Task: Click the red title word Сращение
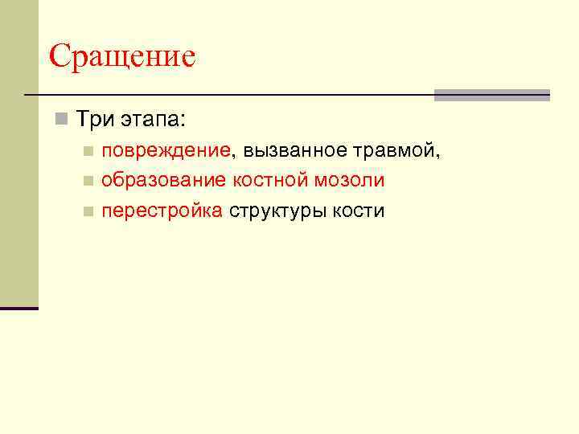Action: (122, 57)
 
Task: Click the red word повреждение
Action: (166, 150)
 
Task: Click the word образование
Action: (164, 181)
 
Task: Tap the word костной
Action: (270, 181)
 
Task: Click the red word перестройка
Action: (162, 211)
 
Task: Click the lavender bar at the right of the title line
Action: (491, 95)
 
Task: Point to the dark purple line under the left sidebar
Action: (19, 308)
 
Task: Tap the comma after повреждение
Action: (234, 155)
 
